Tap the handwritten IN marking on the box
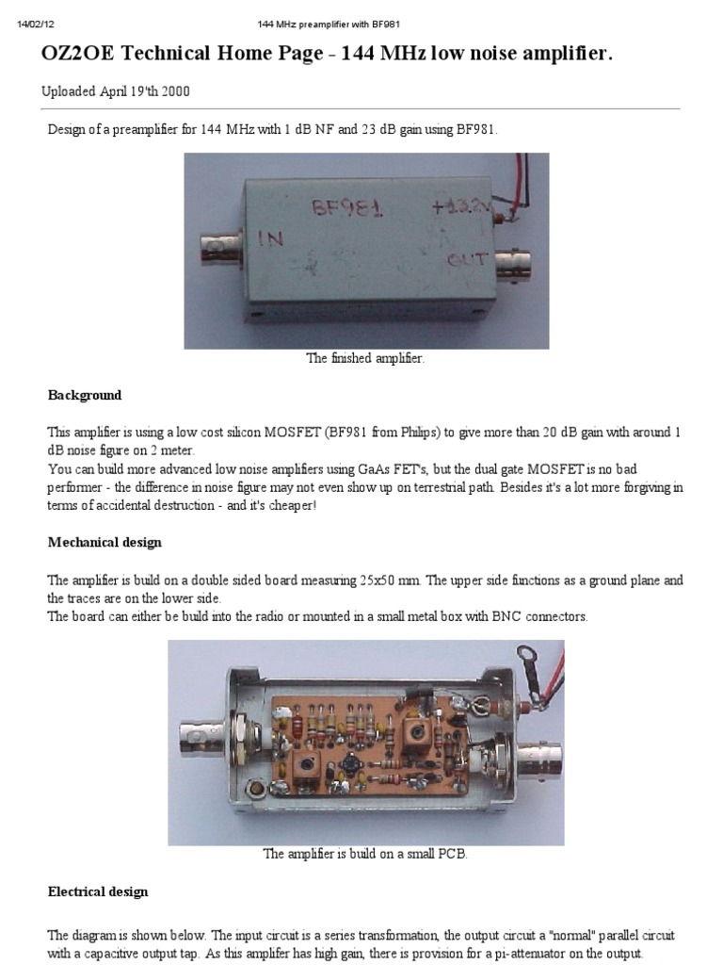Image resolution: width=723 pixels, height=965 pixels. [270, 239]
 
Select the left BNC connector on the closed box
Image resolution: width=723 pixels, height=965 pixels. [217, 249]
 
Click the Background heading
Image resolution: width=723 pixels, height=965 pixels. [85, 395]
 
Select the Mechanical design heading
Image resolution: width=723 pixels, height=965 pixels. [104, 542]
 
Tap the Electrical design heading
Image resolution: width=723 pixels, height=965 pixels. [98, 891]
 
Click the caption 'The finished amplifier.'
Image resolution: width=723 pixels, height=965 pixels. [365, 358]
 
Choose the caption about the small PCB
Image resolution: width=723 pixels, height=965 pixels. [365, 854]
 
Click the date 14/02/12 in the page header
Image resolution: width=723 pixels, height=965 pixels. [35, 23]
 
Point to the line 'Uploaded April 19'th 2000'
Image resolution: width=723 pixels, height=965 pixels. [120, 91]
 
